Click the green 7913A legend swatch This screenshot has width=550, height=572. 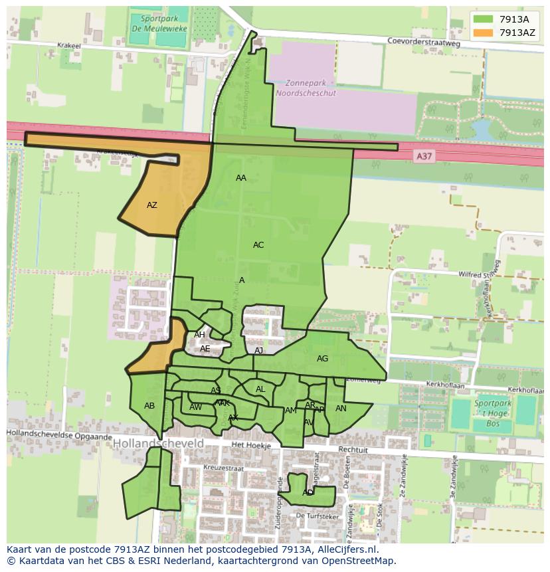point(483,19)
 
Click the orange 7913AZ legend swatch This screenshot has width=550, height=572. point(483,32)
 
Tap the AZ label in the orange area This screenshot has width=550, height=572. point(152,205)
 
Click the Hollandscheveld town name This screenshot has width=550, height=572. point(158,442)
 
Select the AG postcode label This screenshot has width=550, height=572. point(322,359)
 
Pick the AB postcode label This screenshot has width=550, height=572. point(149,406)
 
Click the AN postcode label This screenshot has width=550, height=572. point(341,409)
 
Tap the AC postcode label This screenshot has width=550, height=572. point(258,245)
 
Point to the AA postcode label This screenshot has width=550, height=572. point(241,178)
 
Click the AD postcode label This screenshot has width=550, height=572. point(308,493)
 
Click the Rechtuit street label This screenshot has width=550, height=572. point(353,450)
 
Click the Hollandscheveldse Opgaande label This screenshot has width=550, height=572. point(60,435)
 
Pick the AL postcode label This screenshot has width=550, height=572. point(260,389)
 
